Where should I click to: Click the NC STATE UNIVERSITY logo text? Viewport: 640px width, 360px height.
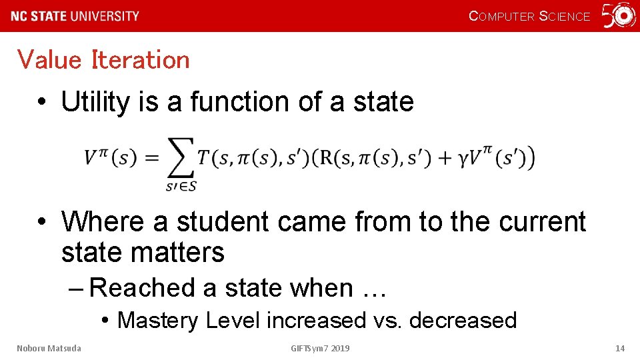click(75, 16)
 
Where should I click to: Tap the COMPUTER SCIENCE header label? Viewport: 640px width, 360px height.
click(529, 16)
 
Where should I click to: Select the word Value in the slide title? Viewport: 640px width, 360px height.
click(49, 60)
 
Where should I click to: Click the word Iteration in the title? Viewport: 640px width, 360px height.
click(141, 60)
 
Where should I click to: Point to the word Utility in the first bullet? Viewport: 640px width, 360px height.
click(95, 102)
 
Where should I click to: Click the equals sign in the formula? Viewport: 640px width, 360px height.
click(152, 158)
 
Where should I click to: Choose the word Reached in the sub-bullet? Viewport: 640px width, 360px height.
click(142, 288)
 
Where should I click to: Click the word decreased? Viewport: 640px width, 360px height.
click(463, 321)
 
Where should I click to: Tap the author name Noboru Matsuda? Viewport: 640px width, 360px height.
click(49, 348)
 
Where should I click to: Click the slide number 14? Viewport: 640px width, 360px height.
click(619, 348)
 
